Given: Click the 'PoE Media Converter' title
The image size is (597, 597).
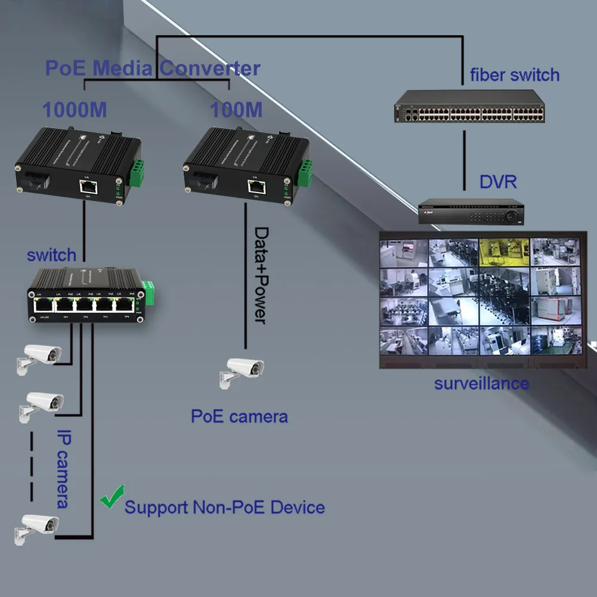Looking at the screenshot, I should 153,68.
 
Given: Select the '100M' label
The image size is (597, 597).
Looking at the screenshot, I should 236,110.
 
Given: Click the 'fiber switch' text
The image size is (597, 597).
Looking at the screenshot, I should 515,75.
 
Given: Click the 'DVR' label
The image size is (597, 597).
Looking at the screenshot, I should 498,182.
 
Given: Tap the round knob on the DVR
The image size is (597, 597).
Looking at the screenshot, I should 511,216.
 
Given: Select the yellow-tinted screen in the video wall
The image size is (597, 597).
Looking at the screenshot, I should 505,252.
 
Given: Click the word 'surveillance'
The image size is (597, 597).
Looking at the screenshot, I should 481,383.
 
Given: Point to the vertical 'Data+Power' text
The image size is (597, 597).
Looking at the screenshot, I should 261,274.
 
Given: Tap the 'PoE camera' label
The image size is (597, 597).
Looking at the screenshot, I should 239,416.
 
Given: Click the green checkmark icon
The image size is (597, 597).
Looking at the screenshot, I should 112,497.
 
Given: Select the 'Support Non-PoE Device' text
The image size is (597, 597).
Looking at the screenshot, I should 224,508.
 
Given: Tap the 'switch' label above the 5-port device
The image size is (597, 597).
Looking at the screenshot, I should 51,255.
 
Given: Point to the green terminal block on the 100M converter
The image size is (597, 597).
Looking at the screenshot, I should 305,172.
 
